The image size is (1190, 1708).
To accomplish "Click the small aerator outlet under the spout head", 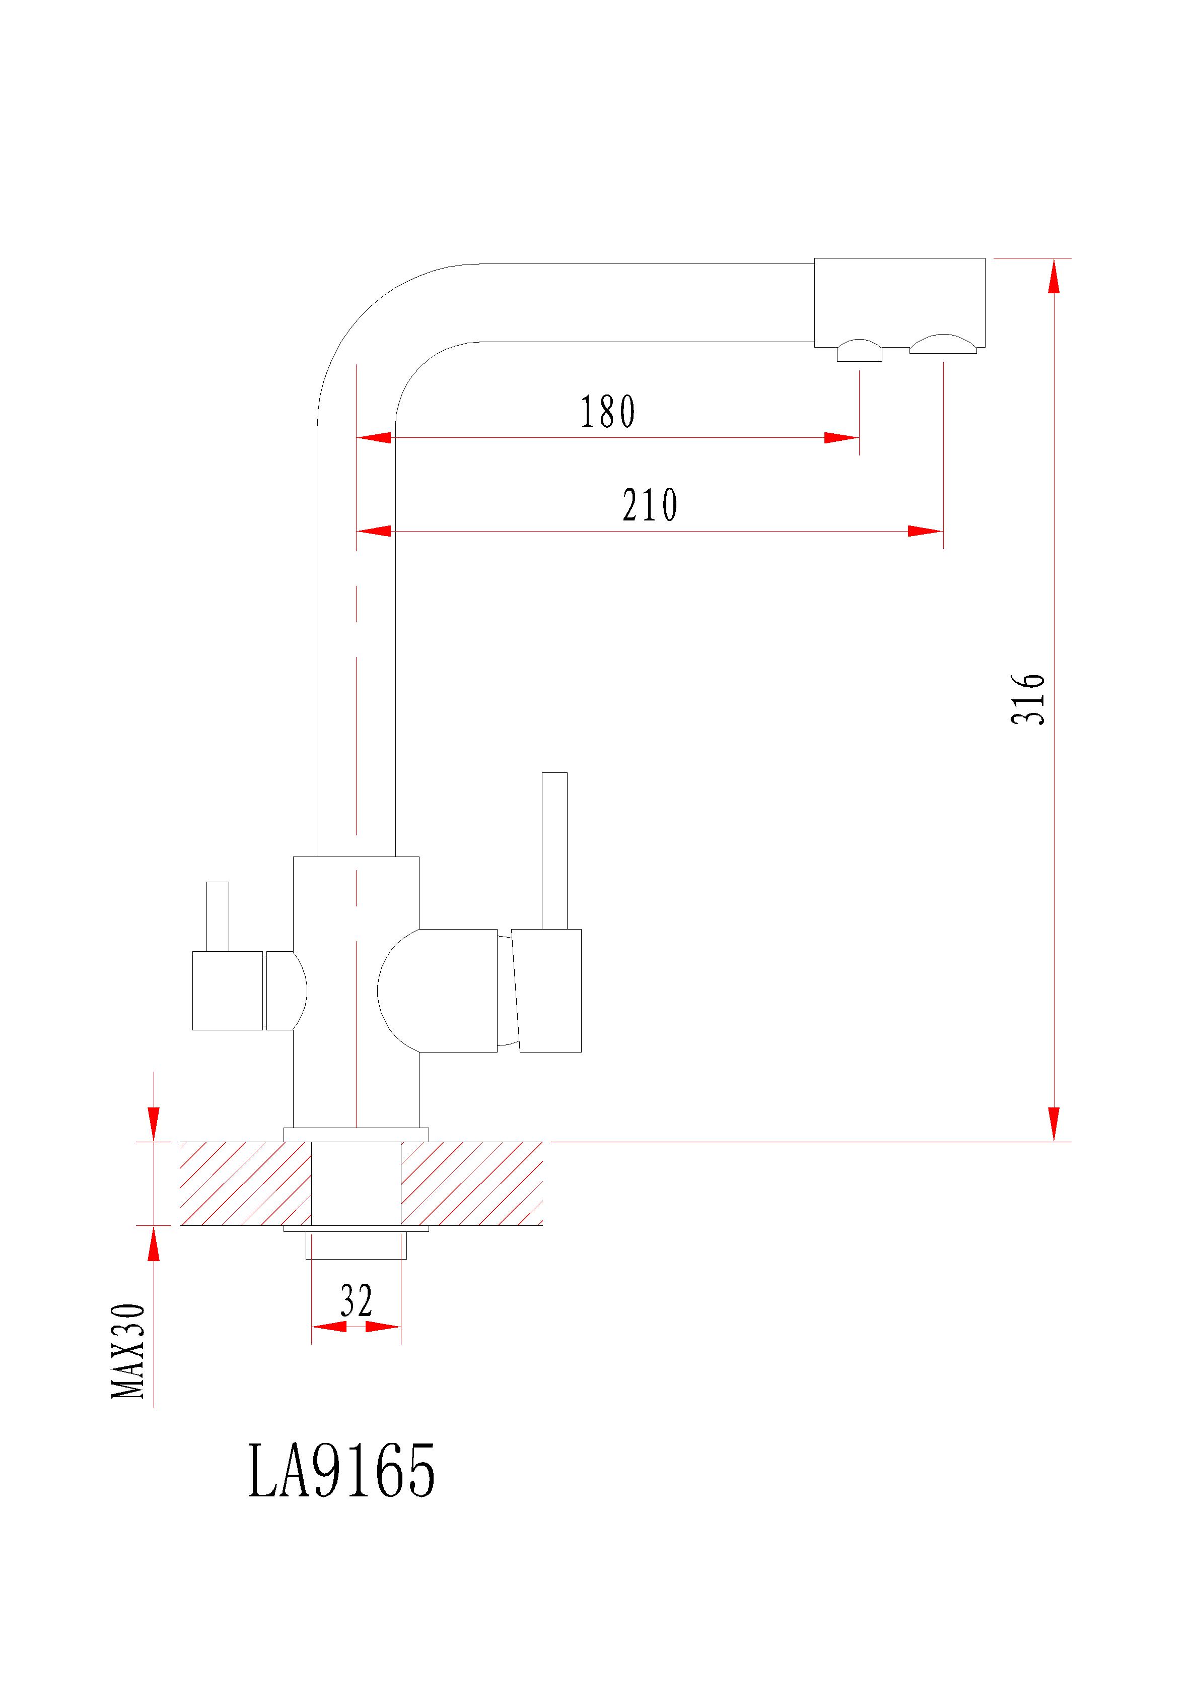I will pyautogui.click(x=859, y=351).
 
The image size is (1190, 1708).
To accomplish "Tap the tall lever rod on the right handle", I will pyautogui.click(x=554, y=850).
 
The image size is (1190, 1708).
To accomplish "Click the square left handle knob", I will pyautogui.click(x=227, y=990).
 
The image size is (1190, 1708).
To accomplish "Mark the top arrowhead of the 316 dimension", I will pyautogui.click(x=1053, y=277).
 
